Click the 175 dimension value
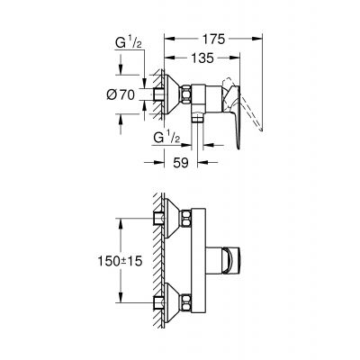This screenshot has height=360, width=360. [x=213, y=40]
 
